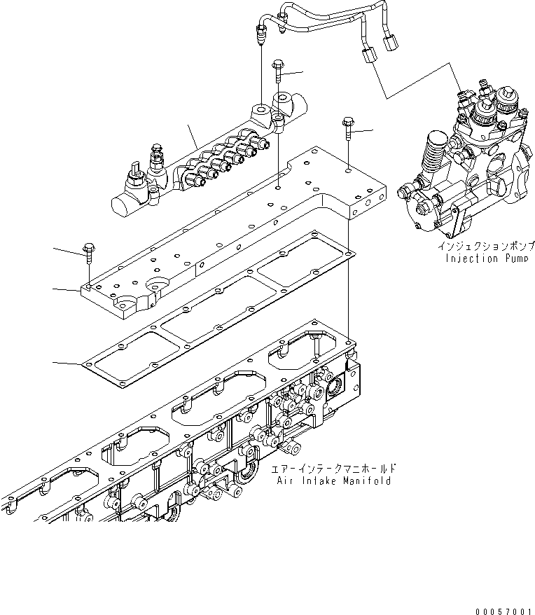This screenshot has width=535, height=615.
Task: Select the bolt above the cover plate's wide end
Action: (x=348, y=130)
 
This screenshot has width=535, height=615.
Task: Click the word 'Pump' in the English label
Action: (x=519, y=258)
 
